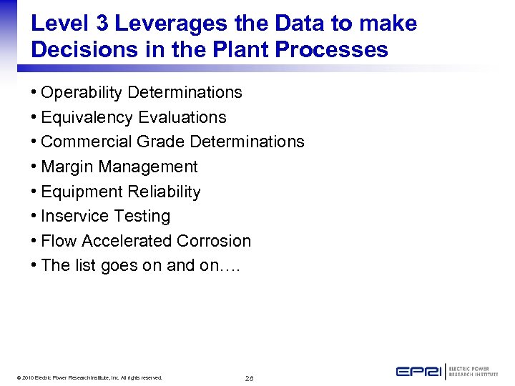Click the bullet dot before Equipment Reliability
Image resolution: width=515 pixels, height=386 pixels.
click(34, 192)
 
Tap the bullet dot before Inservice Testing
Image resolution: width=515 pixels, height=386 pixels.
click(34, 216)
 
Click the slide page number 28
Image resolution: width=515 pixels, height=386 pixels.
click(249, 378)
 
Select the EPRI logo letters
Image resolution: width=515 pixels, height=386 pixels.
click(419, 372)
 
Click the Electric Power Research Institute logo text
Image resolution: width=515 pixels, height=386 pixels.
click(474, 372)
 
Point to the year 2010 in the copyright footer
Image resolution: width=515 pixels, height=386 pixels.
click(26, 377)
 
